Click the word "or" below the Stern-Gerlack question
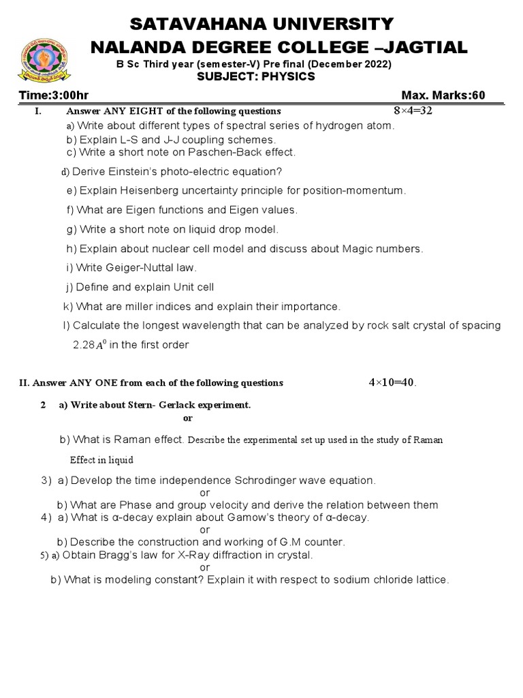coord(189,418)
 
